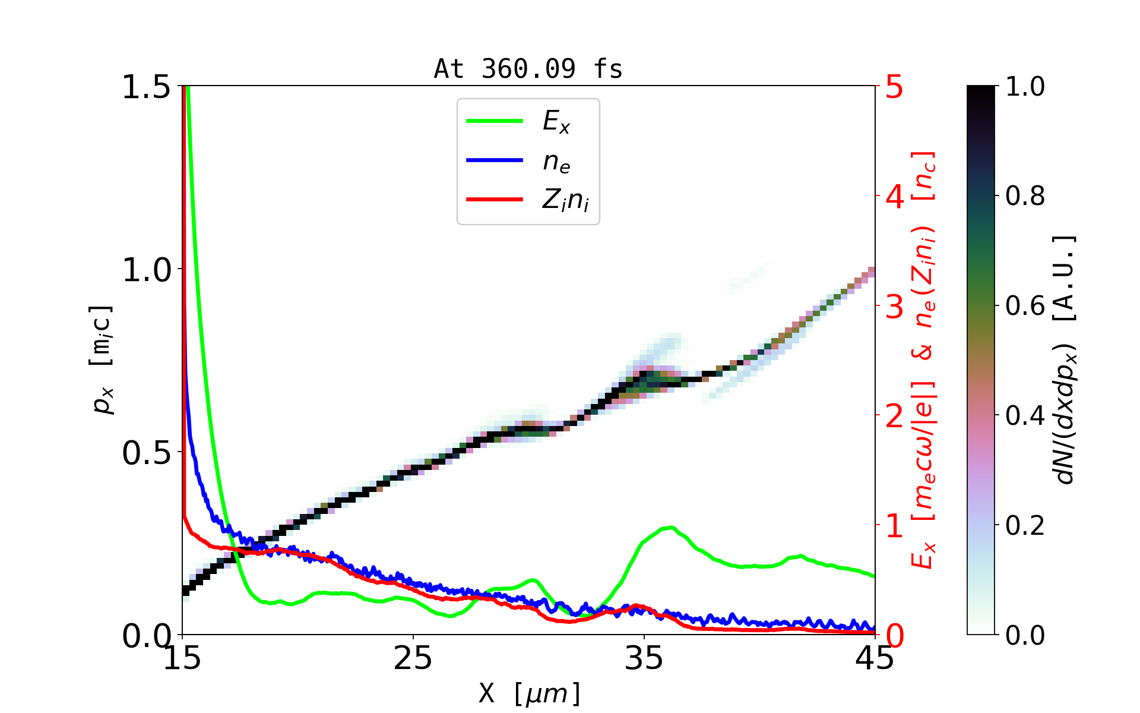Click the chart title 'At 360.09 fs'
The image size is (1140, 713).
pos(528,69)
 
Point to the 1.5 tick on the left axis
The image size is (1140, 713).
pos(146,87)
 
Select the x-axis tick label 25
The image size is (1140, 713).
pos(413,658)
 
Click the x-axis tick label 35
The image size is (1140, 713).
pos(644,658)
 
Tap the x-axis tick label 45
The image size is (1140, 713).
pos(875,658)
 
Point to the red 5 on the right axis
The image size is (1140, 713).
pos(894,87)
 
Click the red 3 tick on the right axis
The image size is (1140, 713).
pos(894,307)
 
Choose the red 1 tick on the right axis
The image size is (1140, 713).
pos(894,526)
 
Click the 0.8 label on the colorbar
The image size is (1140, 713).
pos(1025,196)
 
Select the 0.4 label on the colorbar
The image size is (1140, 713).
pos(1025,416)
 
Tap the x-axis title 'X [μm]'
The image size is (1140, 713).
pos(530,693)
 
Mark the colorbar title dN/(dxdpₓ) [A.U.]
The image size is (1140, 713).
pos(1065,359)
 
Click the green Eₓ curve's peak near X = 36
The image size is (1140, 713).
pos(670,528)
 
